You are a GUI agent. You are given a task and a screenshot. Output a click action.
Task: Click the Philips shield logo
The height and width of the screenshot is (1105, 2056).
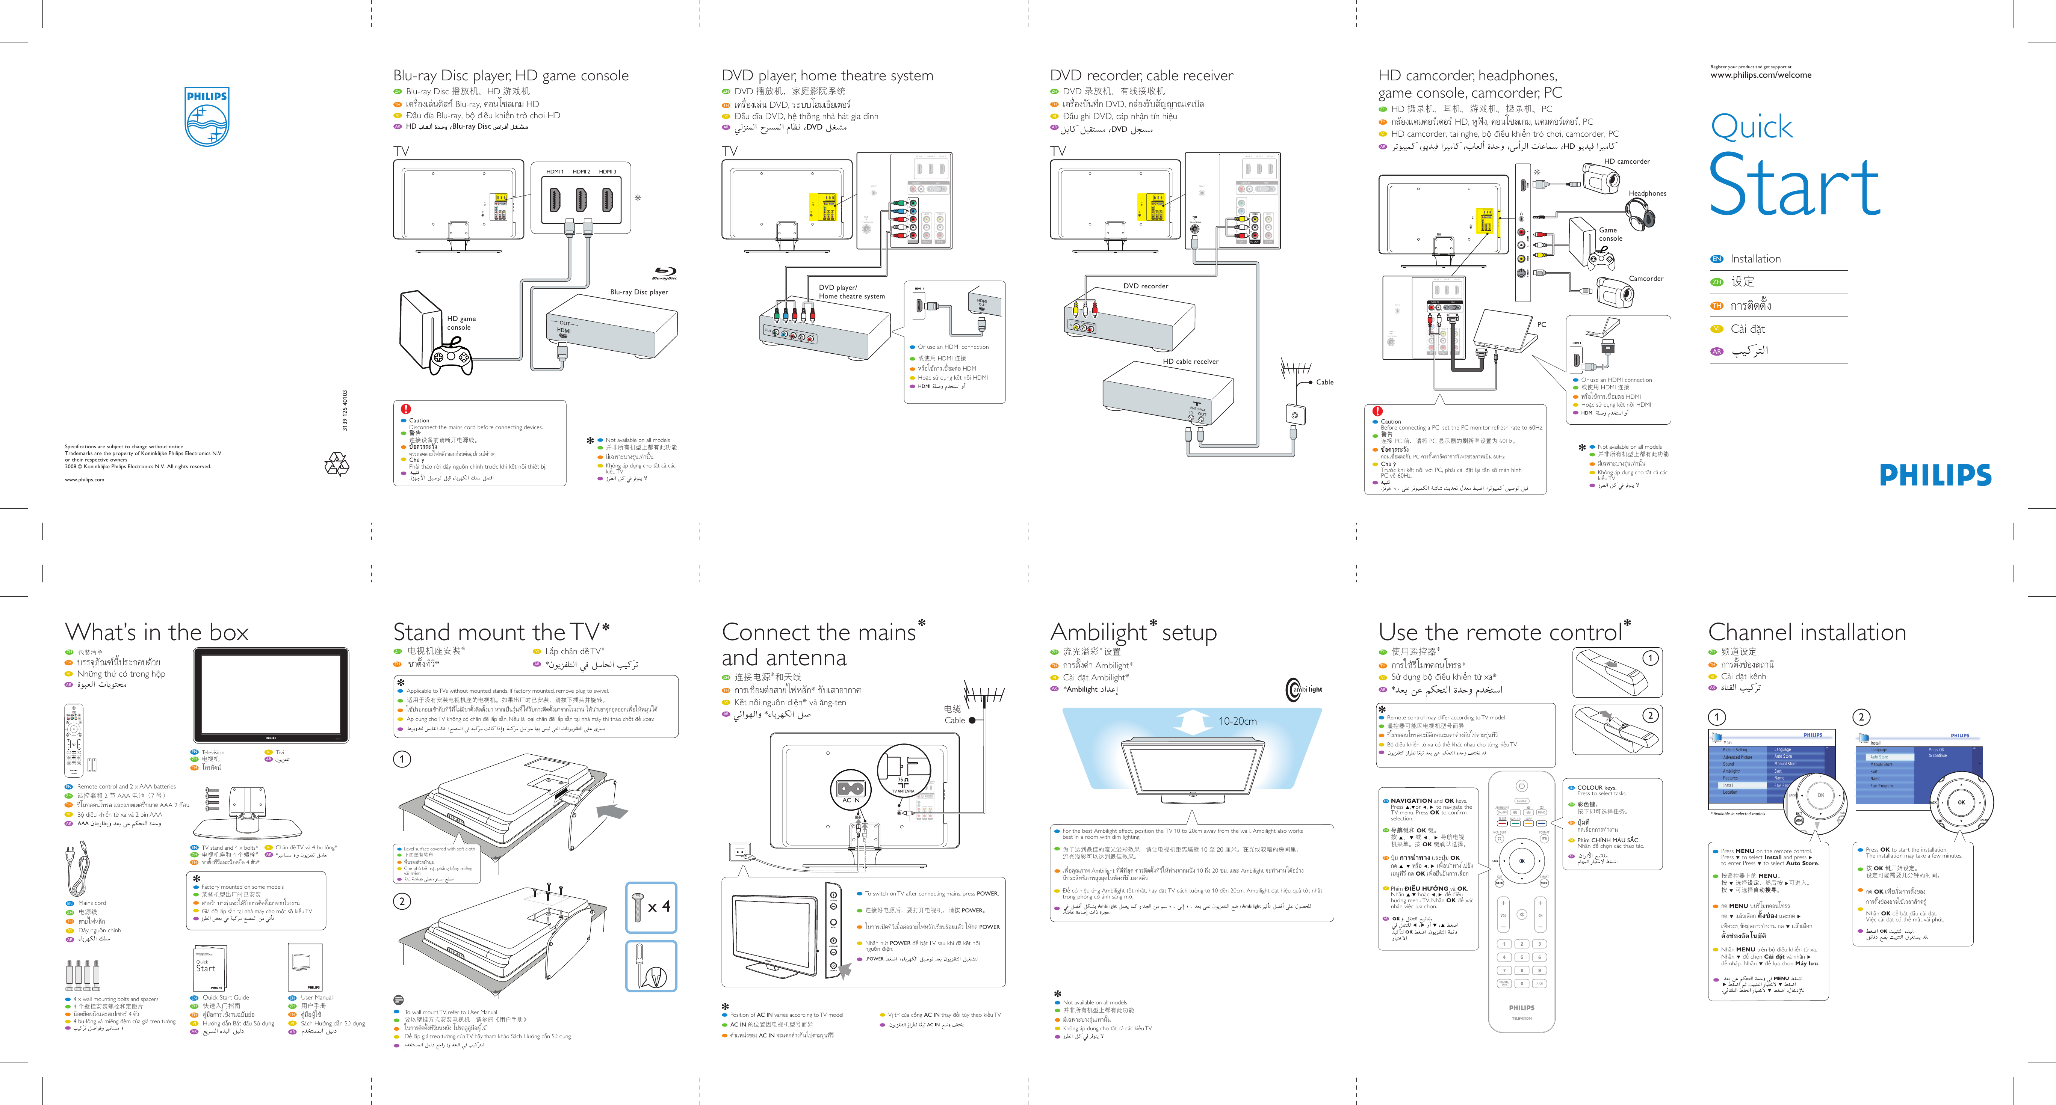click(x=207, y=116)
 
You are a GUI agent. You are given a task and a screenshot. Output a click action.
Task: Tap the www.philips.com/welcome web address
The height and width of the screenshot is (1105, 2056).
click(x=1760, y=75)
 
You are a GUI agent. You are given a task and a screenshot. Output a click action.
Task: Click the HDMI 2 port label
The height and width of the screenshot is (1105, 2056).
click(x=581, y=172)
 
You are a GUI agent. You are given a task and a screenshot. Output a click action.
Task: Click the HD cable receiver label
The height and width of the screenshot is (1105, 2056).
click(x=1190, y=362)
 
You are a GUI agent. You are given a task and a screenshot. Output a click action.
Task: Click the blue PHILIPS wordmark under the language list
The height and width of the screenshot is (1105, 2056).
click(x=1935, y=475)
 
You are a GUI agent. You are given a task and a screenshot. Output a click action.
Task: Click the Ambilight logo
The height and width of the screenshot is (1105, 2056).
click(x=1303, y=689)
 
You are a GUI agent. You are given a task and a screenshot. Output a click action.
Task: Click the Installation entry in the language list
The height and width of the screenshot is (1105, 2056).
click(x=1755, y=258)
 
